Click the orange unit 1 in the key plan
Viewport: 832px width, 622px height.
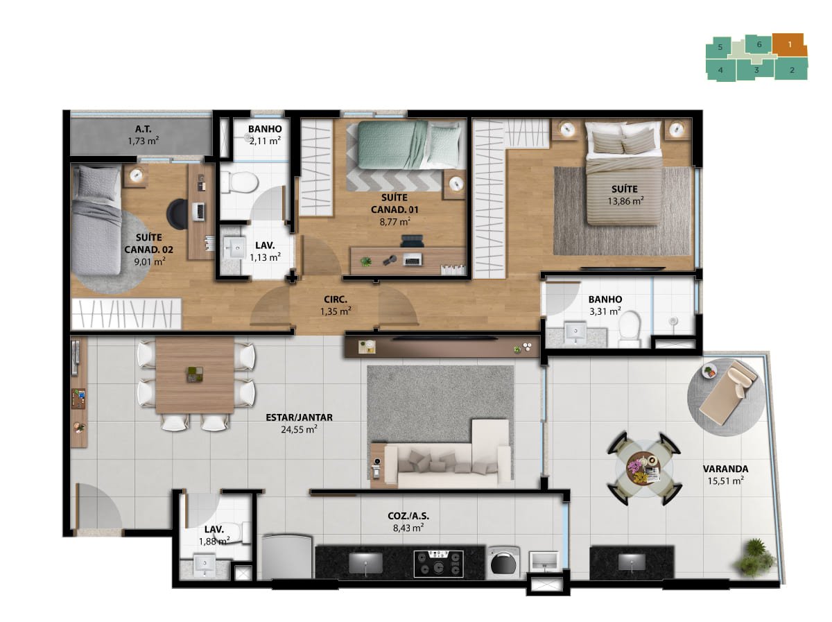tap(789, 46)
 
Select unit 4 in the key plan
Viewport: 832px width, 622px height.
tap(720, 70)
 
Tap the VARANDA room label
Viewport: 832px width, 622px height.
tap(725, 469)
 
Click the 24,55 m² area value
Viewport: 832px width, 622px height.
tap(299, 429)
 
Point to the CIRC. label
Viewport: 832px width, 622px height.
tap(336, 300)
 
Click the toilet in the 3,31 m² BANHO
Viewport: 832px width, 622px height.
tap(630, 329)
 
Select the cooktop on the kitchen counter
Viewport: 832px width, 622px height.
tap(439, 564)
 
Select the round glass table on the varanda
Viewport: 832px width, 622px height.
tap(643, 469)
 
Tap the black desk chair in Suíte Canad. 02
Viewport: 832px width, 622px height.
tap(177, 214)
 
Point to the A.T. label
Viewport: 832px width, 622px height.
tap(144, 129)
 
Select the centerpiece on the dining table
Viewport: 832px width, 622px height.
tap(194, 374)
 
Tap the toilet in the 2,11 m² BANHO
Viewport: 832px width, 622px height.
tap(240, 182)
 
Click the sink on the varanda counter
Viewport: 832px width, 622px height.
tap(632, 562)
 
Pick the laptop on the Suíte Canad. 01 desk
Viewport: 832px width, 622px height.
tap(412, 259)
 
